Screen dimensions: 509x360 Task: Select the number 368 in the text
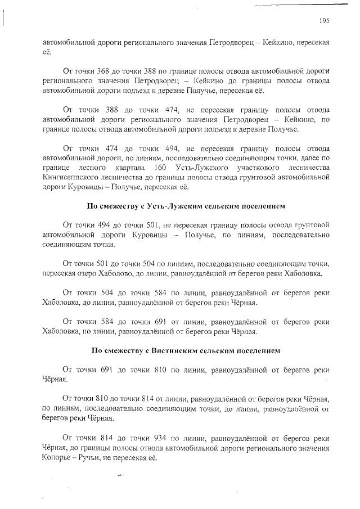point(106,71)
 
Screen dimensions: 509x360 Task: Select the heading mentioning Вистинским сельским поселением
point(186,351)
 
